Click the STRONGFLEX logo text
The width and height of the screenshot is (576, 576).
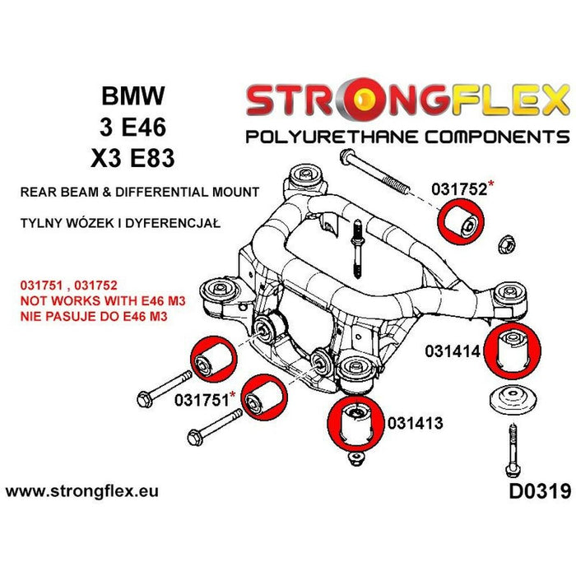tap(406, 101)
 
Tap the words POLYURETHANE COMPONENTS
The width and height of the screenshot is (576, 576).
tap(407, 137)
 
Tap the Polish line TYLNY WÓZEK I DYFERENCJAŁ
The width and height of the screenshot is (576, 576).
tap(112, 223)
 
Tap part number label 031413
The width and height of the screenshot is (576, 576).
tap(416, 424)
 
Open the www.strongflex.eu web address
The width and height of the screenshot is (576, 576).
tap(82, 492)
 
